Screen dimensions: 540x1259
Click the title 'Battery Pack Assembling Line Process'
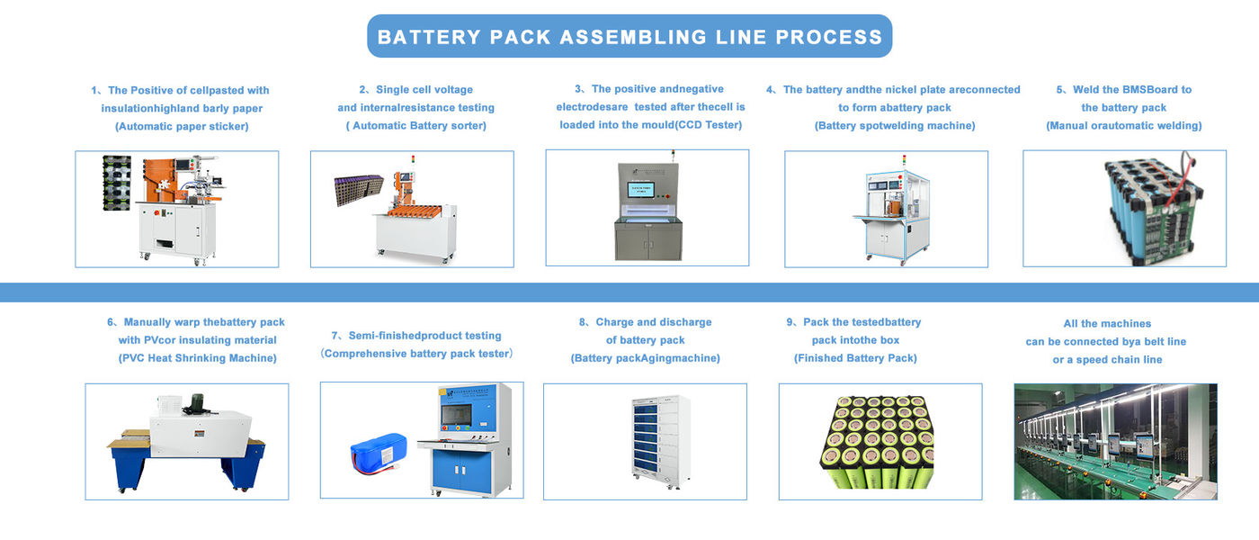coord(629,37)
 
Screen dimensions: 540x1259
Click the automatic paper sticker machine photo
coord(176,209)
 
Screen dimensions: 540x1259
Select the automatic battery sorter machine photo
coord(412,209)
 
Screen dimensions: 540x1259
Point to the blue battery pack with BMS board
coord(1152,209)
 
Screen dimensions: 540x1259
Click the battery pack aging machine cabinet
coord(660,441)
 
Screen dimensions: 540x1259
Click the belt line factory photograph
coord(1115,441)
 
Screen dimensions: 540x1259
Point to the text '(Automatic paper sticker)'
coord(182,127)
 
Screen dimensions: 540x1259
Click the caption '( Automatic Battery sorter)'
coord(416,126)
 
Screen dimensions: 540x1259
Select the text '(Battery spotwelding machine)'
coord(895,126)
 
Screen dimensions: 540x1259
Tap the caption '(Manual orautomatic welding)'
coord(1123,126)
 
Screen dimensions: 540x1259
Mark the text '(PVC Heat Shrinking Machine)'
coord(197,358)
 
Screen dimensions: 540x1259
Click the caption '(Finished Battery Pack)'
coord(855,358)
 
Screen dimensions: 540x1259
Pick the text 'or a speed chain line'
coord(1107,360)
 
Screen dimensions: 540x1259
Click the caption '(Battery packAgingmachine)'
coord(645,358)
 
